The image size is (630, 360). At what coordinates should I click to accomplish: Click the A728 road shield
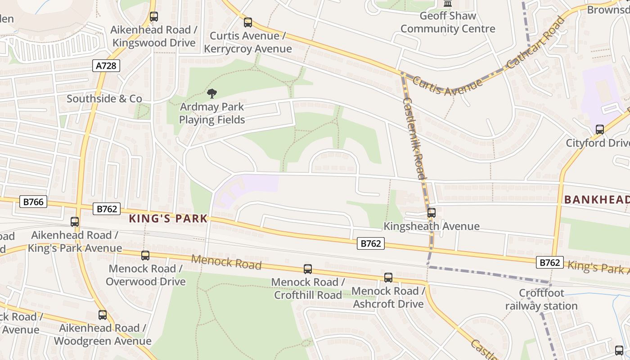point(107,66)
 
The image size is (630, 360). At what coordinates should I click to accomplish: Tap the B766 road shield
point(33,202)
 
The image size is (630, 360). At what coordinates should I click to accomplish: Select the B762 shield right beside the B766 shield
point(107,209)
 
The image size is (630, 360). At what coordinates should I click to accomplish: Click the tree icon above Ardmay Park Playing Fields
point(211,94)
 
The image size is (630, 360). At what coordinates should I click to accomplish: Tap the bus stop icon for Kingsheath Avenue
point(432,213)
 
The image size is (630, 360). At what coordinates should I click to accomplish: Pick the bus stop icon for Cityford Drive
point(599,130)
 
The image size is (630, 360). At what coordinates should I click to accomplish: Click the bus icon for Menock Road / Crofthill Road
point(308,269)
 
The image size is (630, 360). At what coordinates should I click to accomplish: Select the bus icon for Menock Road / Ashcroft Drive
point(388,278)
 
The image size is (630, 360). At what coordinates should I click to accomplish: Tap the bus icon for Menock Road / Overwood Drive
point(145,256)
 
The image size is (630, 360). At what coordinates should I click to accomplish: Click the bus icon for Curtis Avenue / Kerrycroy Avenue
point(248,22)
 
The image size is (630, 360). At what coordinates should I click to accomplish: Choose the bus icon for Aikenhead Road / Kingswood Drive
point(154,17)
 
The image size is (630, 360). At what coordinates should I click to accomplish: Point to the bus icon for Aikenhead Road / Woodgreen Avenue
point(103,315)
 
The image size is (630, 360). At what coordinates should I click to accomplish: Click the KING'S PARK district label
point(168,219)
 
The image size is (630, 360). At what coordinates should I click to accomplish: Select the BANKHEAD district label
point(597,199)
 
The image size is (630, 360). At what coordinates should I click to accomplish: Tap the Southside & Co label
point(104,99)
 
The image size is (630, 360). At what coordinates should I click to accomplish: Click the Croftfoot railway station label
point(541,300)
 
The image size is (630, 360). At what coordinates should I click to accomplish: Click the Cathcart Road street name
point(535,43)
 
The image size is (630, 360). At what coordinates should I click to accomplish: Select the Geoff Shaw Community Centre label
point(448,22)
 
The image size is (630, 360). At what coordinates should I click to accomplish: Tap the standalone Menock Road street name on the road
point(226,262)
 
